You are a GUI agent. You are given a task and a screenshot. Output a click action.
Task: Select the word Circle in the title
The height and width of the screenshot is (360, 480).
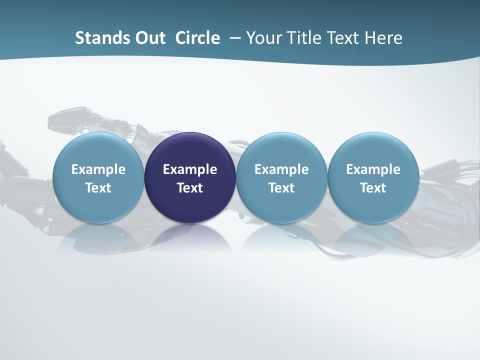(x=197, y=38)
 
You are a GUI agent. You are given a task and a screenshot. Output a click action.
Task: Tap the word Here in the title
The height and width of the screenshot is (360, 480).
(x=383, y=38)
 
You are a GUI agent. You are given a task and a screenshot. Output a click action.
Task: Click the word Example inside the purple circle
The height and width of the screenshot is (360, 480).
(x=190, y=169)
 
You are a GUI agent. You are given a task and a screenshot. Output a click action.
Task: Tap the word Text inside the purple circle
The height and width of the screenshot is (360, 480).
(x=190, y=188)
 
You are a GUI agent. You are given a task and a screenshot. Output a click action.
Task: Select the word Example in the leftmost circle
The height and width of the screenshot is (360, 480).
(x=98, y=169)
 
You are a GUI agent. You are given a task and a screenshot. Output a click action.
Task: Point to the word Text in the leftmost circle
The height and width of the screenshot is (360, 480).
(x=98, y=188)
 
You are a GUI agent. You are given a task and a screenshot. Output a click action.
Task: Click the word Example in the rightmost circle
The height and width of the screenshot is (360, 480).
(x=373, y=169)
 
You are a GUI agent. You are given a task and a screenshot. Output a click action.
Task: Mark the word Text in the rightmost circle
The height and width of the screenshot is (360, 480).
(x=373, y=188)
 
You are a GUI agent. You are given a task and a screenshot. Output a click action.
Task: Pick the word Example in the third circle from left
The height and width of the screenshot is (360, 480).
(x=281, y=169)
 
